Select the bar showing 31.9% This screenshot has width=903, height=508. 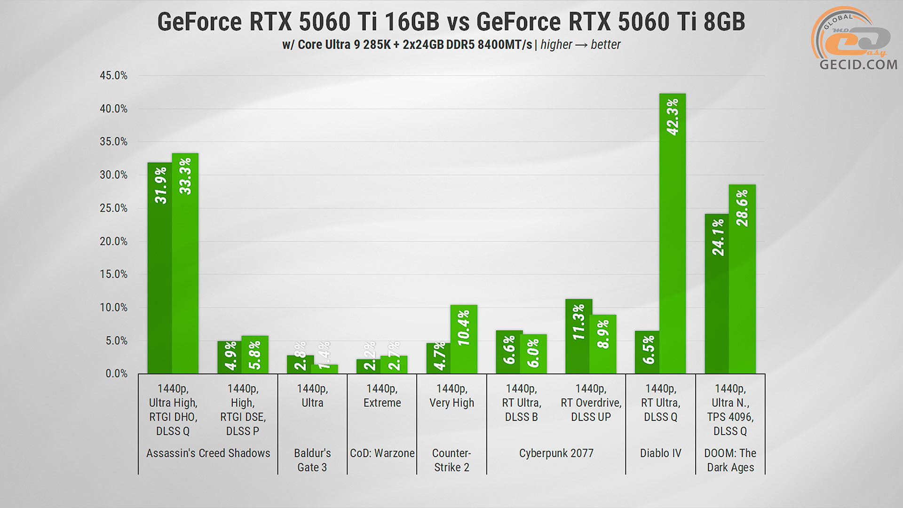(x=160, y=268)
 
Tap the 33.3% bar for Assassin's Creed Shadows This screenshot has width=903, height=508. (x=185, y=263)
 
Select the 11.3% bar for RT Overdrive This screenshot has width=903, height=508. (x=578, y=336)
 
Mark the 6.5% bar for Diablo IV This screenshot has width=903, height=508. (x=648, y=352)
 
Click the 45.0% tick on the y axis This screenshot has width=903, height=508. (x=113, y=76)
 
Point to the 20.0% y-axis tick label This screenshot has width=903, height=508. (x=113, y=241)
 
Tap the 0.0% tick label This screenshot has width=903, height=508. (x=116, y=373)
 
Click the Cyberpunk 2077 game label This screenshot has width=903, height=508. (x=556, y=453)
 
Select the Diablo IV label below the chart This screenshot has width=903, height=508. (x=660, y=453)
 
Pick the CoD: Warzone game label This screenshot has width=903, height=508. (x=382, y=453)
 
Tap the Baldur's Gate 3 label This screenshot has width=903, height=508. (x=312, y=460)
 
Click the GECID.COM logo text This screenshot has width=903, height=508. (x=858, y=64)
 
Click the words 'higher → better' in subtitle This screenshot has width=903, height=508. (x=580, y=45)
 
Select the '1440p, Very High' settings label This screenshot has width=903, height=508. (x=451, y=396)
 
